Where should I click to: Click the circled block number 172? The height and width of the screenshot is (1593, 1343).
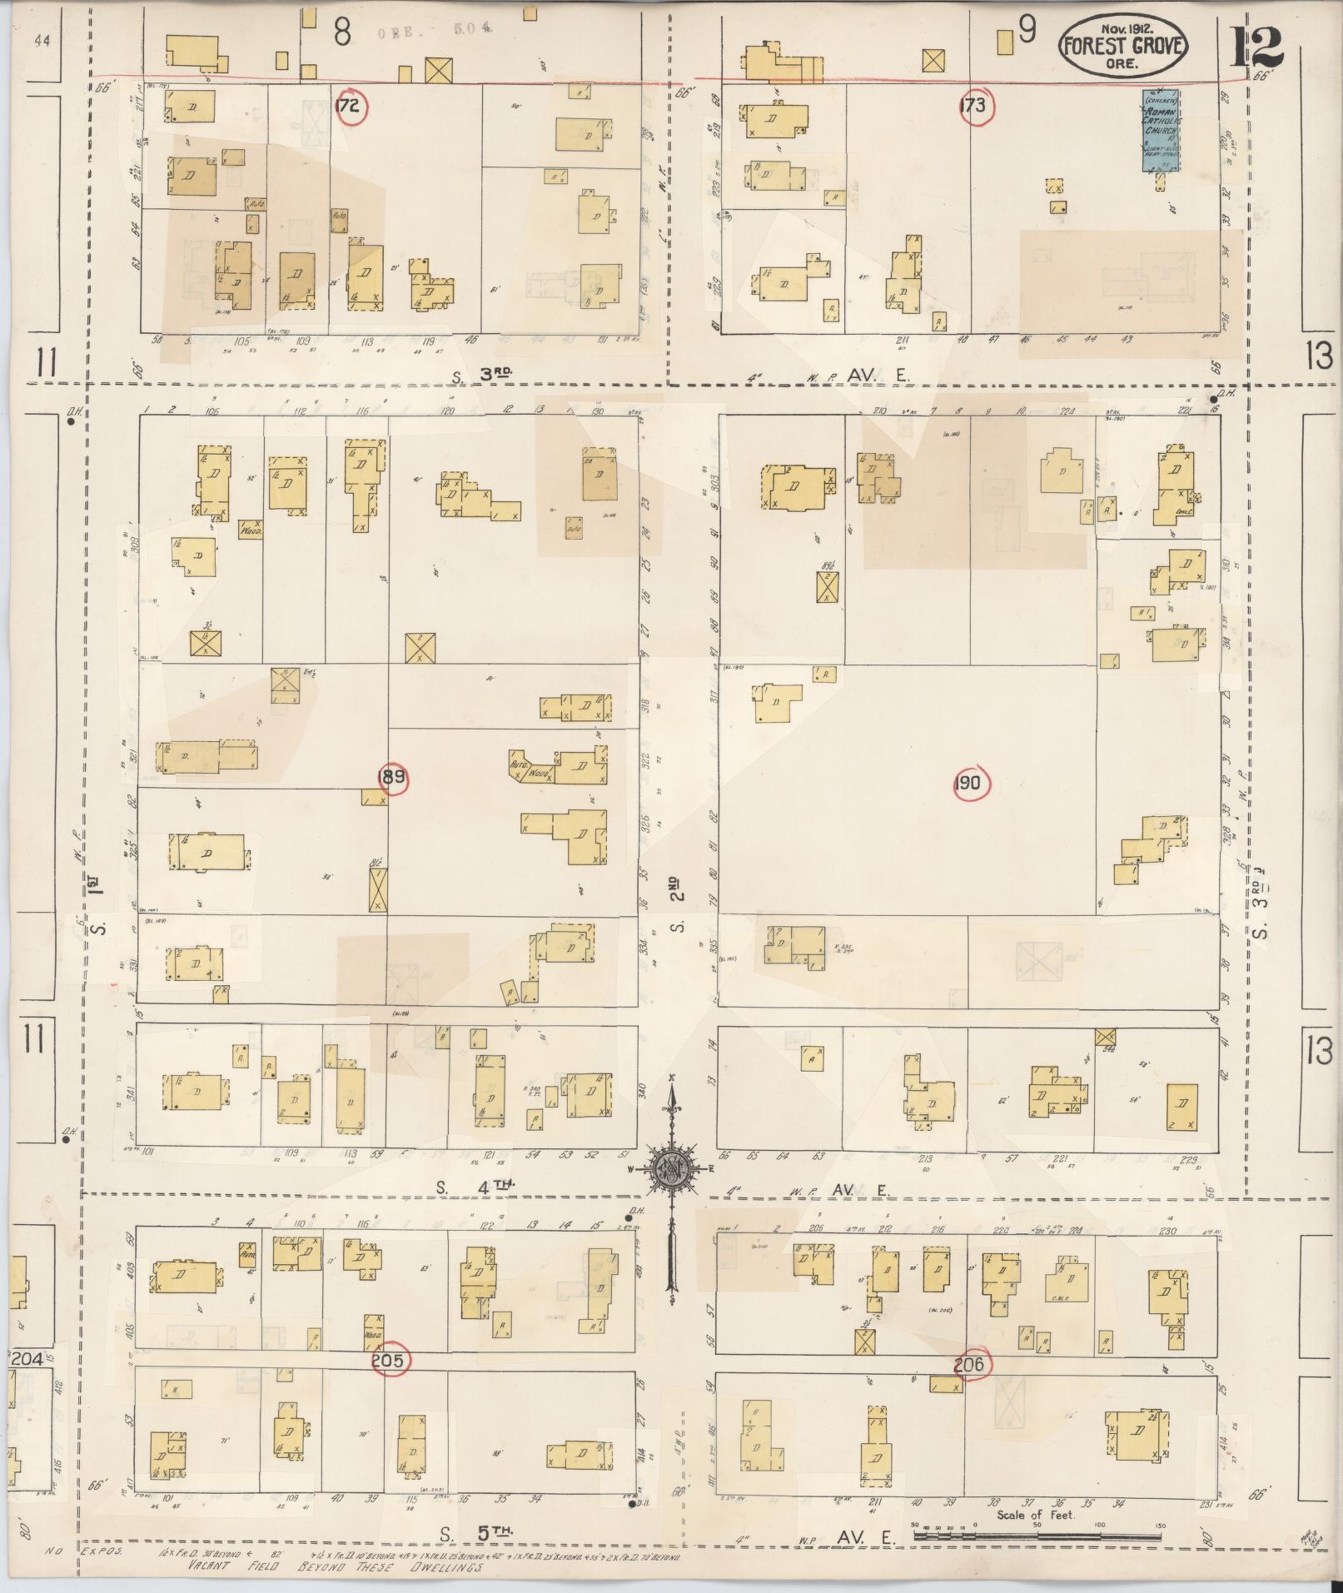point(349,107)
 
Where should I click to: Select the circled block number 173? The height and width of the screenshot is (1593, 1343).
point(972,106)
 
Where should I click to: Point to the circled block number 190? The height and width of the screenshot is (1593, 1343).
point(970,783)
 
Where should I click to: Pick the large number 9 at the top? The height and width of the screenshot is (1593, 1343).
point(1027,30)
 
